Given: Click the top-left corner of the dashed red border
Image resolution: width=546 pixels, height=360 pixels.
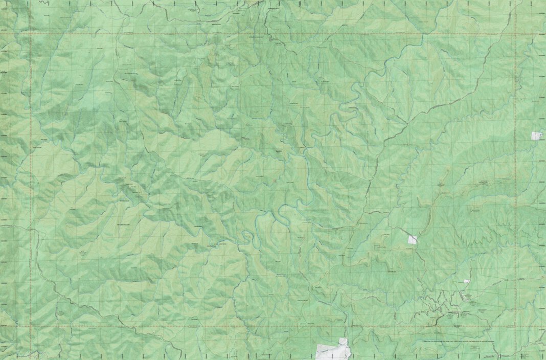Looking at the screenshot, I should click(31, 34).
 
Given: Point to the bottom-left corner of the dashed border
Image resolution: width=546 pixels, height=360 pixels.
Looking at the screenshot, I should click(31, 326).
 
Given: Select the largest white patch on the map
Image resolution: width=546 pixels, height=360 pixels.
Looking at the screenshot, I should click(333, 350).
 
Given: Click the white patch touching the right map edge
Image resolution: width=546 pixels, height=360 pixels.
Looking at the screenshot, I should click(536, 136).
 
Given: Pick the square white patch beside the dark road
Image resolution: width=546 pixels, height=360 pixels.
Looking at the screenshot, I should click(413, 239).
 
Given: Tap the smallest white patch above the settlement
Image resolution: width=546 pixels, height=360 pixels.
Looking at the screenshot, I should click(466, 281).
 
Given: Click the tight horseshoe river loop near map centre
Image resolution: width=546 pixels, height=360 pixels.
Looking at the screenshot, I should click(247, 236).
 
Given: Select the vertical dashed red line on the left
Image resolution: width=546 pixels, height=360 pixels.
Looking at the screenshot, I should click(31, 179).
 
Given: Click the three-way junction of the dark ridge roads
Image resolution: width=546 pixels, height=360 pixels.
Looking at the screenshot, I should click(407, 123).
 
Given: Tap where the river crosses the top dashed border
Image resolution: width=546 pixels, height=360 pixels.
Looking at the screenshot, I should click(266, 34).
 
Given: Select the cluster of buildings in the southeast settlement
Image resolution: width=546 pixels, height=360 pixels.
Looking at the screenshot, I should click(465, 297).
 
